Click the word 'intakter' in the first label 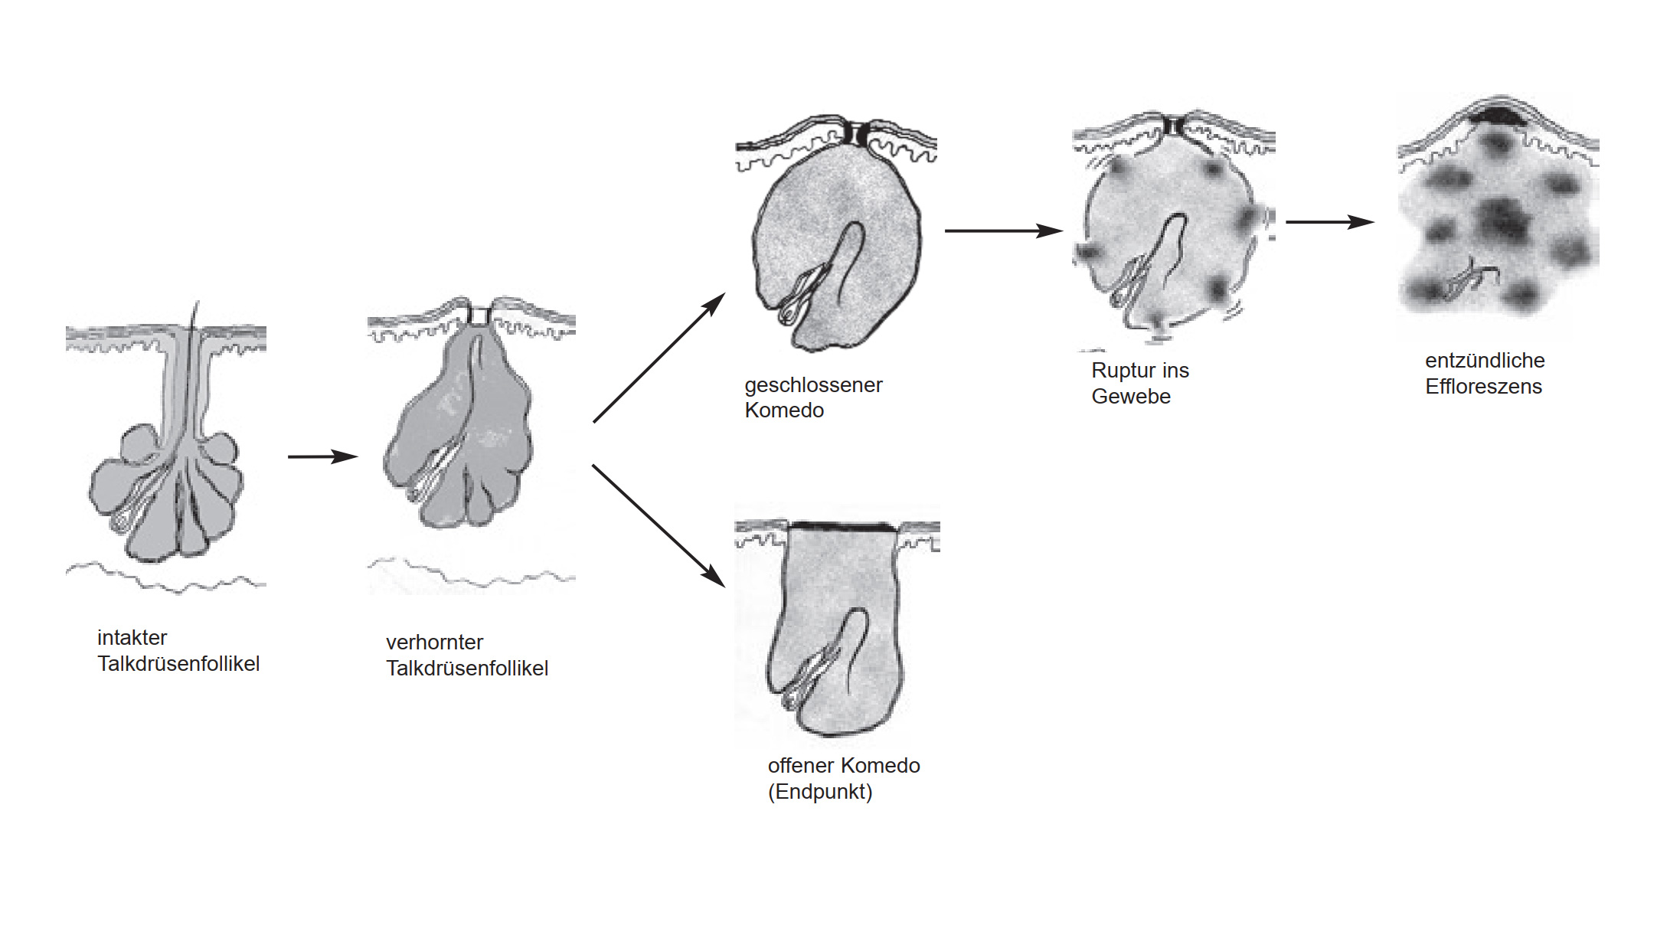click(x=132, y=638)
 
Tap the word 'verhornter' click(x=434, y=643)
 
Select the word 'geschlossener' click(x=813, y=385)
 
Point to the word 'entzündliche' click(x=1485, y=361)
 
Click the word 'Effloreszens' click(x=1483, y=387)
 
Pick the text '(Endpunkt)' click(x=820, y=792)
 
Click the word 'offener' click(x=801, y=766)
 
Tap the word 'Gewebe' click(x=1131, y=397)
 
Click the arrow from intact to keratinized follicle click(x=322, y=457)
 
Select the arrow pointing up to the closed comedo click(x=659, y=358)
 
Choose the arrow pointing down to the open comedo click(x=659, y=525)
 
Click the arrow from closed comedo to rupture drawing click(x=1003, y=231)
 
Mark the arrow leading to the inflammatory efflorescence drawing click(x=1329, y=222)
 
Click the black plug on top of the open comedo click(x=842, y=527)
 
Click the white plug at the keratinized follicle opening click(x=479, y=316)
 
